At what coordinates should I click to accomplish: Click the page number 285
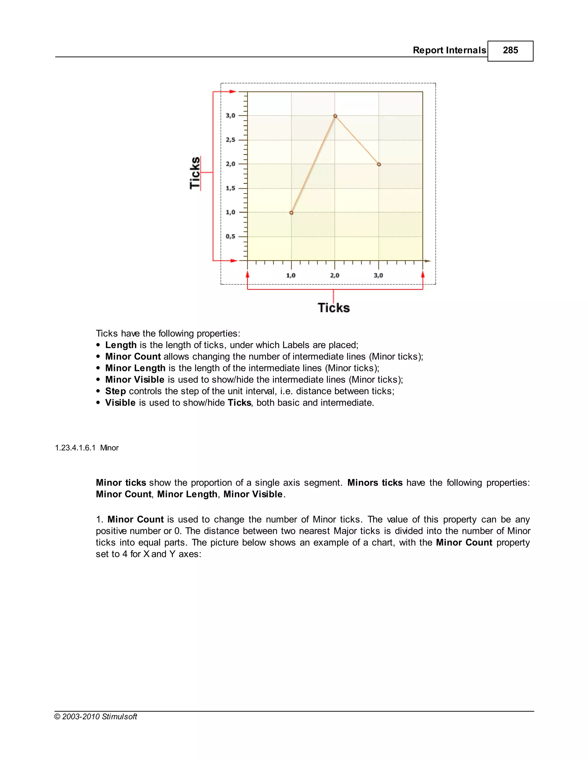tap(510, 51)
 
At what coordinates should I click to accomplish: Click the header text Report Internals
tap(449, 51)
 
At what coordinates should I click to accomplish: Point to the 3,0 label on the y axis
tap(230, 116)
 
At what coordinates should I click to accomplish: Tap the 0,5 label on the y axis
tap(230, 237)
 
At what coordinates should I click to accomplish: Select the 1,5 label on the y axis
tap(230, 188)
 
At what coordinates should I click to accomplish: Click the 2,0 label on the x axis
tap(334, 276)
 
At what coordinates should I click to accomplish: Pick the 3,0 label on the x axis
tap(378, 276)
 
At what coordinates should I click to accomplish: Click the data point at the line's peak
tap(335, 116)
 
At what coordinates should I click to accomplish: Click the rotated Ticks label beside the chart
tap(195, 173)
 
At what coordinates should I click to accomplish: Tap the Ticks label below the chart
tap(333, 308)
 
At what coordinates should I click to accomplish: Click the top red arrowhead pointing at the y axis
tap(233, 92)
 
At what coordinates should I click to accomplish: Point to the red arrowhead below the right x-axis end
tap(423, 275)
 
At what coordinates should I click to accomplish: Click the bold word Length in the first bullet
tap(121, 345)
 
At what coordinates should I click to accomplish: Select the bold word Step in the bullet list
tap(115, 391)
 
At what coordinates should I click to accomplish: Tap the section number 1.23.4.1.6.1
tap(75, 448)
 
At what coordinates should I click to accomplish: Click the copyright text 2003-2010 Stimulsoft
tap(99, 717)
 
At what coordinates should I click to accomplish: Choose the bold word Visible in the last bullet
tap(120, 403)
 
